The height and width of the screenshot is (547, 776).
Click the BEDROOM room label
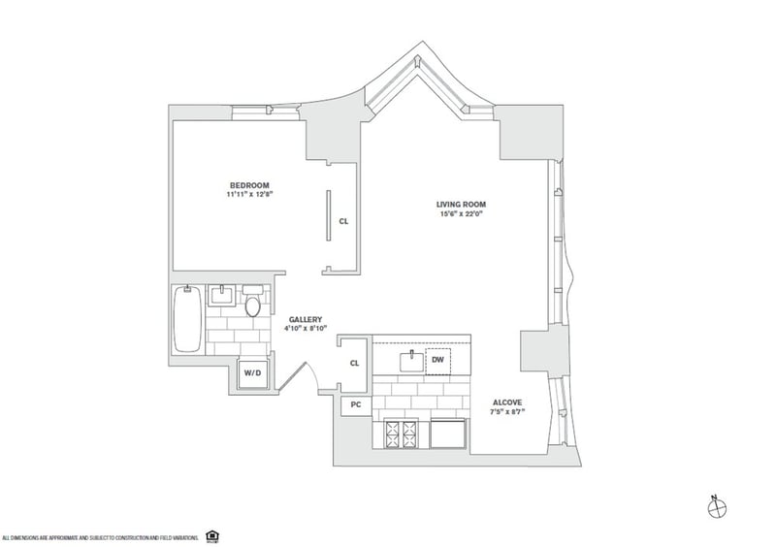point(249,185)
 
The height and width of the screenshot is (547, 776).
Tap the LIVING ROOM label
point(461,204)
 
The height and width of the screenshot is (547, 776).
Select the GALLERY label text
point(306,319)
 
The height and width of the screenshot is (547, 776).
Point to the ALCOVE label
point(506,402)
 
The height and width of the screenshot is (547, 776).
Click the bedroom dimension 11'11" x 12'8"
point(249,195)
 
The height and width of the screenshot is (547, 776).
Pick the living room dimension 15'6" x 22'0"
point(461,213)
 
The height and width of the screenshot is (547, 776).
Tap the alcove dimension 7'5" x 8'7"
point(506,412)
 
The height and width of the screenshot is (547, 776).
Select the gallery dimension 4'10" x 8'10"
point(306,330)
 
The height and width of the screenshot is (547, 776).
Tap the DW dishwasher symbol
point(438,361)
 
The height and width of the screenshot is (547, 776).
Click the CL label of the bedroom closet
point(343,221)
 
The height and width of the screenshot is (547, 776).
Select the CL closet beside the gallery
point(355,364)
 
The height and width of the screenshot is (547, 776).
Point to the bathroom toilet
point(253,306)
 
